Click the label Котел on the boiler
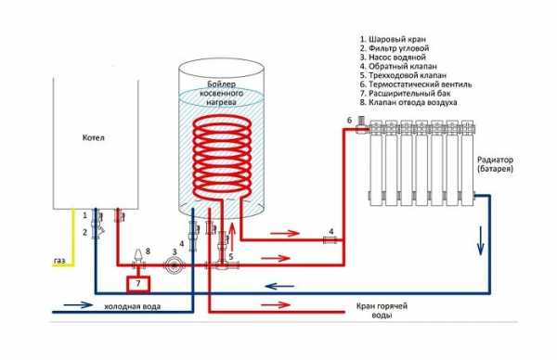94,137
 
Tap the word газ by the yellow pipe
59,261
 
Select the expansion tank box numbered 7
138,284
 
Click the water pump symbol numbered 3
175,265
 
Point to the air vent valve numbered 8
138,257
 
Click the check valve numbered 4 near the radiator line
330,240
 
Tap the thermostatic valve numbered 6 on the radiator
363,126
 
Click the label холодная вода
133,306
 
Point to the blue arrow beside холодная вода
78,304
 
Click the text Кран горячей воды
382,311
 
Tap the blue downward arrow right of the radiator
481,240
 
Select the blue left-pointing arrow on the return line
280,286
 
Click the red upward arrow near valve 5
232,235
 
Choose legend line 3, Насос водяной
393,58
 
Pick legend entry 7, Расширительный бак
406,94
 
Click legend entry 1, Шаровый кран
393,39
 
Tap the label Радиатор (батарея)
495,164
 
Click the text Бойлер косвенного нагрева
222,94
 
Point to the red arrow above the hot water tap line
277,304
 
